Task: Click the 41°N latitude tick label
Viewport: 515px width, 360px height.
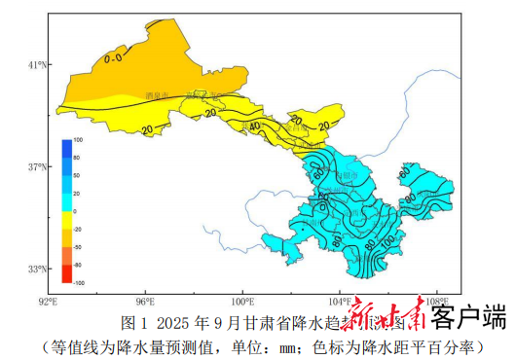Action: [x=37, y=65]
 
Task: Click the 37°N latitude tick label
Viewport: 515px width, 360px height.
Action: [x=37, y=167]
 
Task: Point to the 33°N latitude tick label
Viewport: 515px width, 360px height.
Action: [x=37, y=270]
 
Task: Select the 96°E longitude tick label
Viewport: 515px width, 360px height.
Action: [x=147, y=302]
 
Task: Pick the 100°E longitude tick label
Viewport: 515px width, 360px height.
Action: [x=242, y=302]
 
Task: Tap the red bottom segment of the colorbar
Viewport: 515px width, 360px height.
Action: [x=66, y=273]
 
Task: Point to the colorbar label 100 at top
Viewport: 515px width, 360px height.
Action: [x=78, y=141]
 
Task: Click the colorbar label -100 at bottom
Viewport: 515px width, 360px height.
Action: [x=79, y=282]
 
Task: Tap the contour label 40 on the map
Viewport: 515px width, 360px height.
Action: [x=254, y=126]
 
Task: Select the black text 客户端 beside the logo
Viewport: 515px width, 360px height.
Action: [x=468, y=317]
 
